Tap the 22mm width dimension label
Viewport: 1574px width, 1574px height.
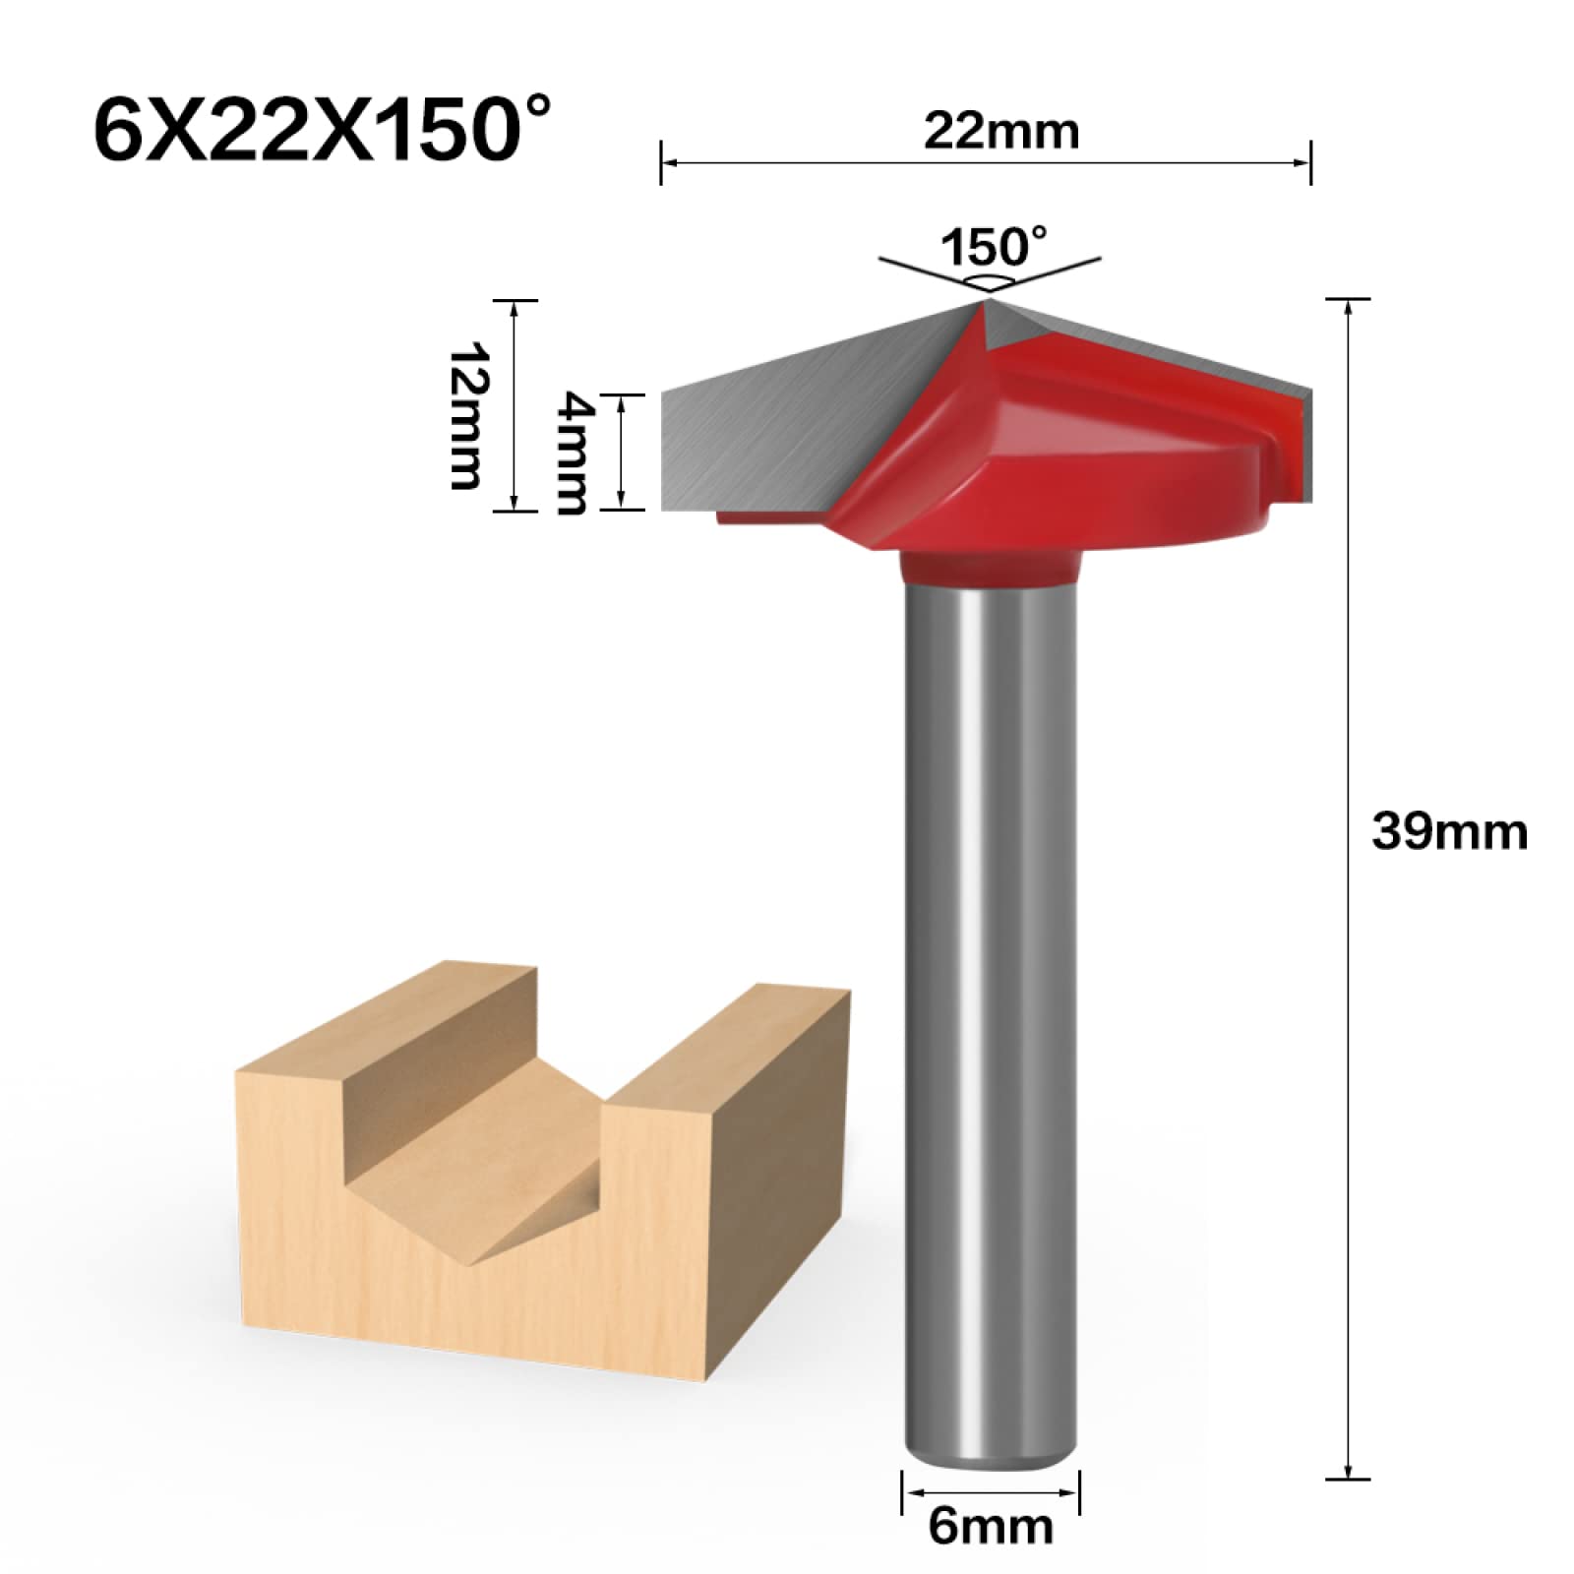(1000, 132)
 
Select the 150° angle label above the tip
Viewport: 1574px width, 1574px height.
(994, 247)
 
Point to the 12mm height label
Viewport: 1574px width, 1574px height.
(464, 415)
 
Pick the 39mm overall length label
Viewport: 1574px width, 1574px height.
(1449, 832)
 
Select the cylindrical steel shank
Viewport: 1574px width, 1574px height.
(990, 984)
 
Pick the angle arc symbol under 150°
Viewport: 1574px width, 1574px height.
(989, 282)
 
